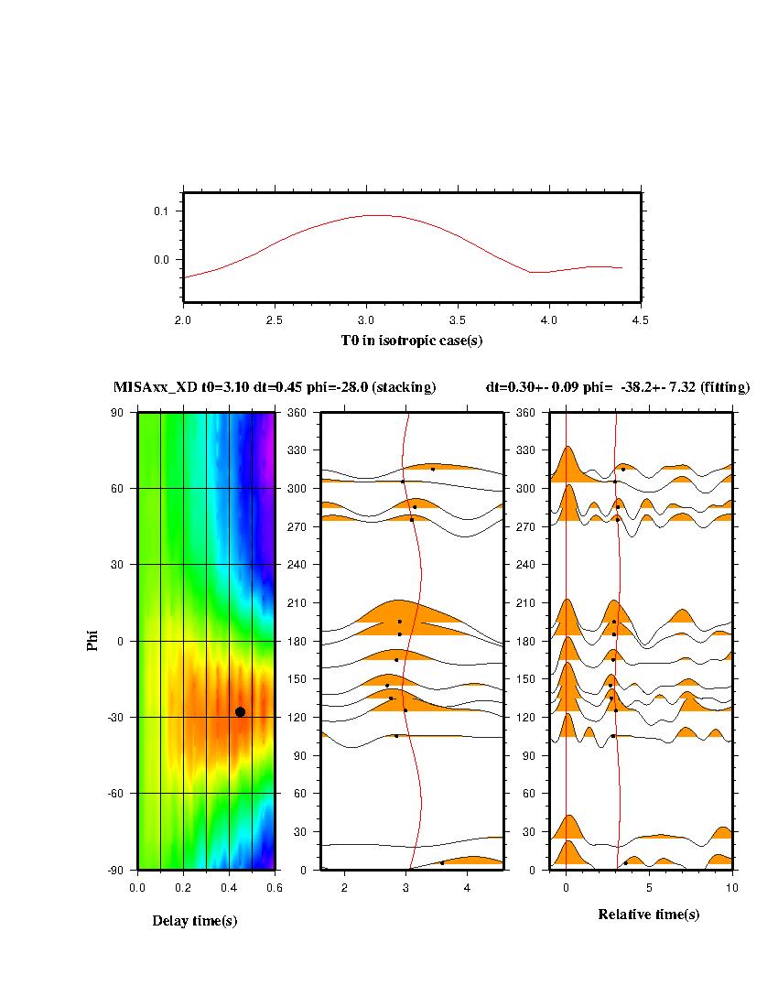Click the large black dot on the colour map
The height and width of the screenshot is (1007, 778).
[x=240, y=711]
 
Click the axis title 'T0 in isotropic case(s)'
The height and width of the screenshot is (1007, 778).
[x=412, y=341]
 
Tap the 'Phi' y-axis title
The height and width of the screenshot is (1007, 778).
[x=92, y=640]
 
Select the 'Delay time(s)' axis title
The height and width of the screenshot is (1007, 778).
[x=195, y=921]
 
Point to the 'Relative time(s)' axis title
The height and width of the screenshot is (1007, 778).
[x=649, y=914]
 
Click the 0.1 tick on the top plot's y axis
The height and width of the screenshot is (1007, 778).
[x=160, y=211]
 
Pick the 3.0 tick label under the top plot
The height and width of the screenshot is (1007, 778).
[x=366, y=319]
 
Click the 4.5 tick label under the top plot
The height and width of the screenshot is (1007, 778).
[x=641, y=319]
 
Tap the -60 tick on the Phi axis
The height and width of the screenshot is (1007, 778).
[x=117, y=793]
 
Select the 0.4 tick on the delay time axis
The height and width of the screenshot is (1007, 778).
[x=229, y=887]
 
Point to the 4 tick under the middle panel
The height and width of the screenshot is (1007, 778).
[x=467, y=887]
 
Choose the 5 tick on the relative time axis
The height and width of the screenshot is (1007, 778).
[x=649, y=887]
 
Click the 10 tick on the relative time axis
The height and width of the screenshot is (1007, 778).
[x=731, y=887]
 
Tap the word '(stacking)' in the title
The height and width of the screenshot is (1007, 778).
[x=404, y=387]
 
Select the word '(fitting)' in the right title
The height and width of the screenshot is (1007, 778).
[x=723, y=387]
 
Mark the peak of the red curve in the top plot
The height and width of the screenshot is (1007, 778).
[x=375, y=215]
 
